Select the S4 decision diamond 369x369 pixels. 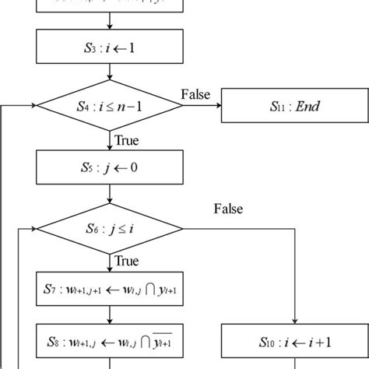pyautogui.click(x=110, y=107)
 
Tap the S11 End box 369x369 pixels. pyautogui.click(x=294, y=107)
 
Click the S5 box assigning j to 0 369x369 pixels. pyautogui.click(x=110, y=166)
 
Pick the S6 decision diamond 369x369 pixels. pyautogui.click(x=110, y=229)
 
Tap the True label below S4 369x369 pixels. pyautogui.click(x=127, y=140)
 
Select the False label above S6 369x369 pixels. pyautogui.click(x=228, y=209)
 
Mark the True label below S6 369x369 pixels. pyautogui.click(x=127, y=262)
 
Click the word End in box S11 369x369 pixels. pyautogui.click(x=307, y=107)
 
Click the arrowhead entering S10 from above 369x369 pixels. pyautogui.click(x=294, y=321)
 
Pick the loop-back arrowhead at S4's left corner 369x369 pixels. pyautogui.click(x=33, y=107)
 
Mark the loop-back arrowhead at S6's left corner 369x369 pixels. pyautogui.click(x=33, y=229)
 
